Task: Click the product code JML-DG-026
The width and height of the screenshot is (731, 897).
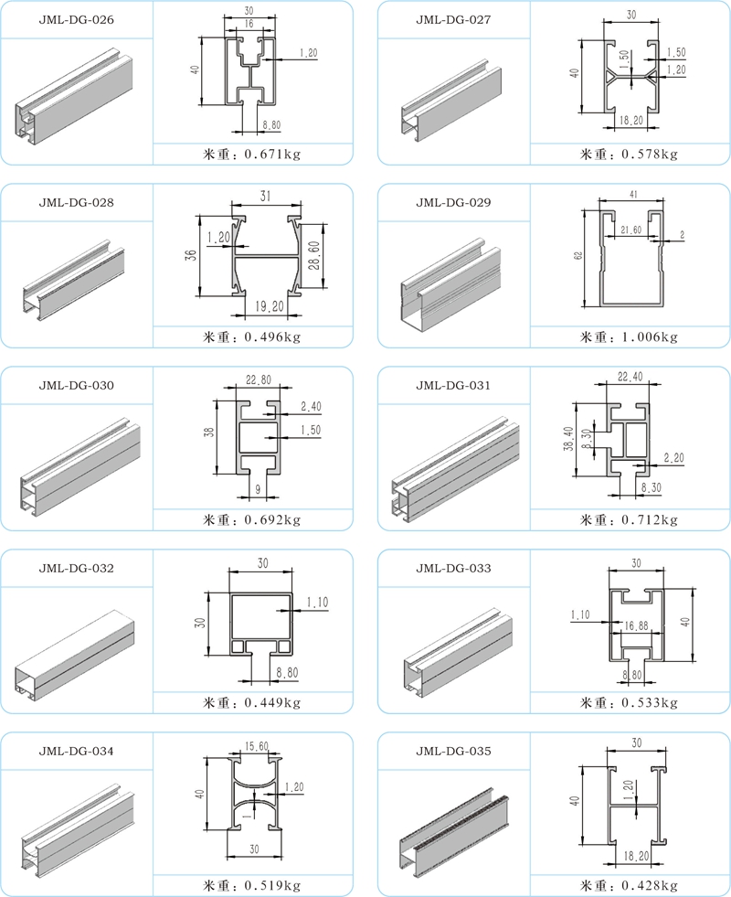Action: [76, 19]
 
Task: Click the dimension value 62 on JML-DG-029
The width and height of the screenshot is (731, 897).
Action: [577, 257]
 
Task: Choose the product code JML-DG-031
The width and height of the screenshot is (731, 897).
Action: [453, 385]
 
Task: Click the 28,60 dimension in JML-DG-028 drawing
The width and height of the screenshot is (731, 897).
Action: [313, 255]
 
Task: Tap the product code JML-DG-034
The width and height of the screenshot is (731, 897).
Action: [76, 751]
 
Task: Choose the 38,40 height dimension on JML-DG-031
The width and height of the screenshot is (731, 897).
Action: [567, 440]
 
